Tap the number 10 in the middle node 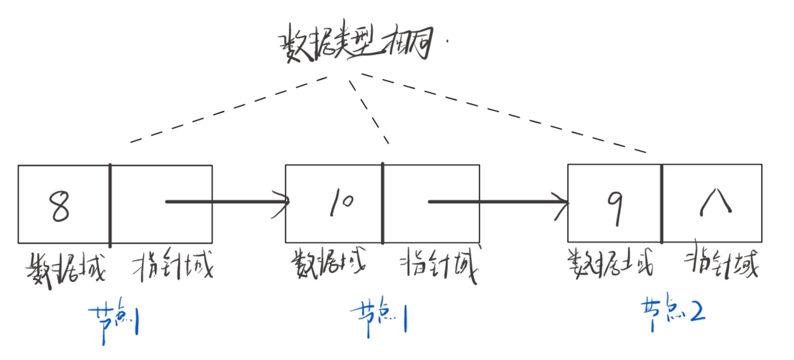coord(340,203)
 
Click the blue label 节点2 coord(673,309)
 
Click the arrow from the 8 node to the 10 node coord(227,202)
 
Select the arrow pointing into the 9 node coord(498,202)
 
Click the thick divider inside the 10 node coord(383,203)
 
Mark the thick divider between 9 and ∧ coord(661,203)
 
